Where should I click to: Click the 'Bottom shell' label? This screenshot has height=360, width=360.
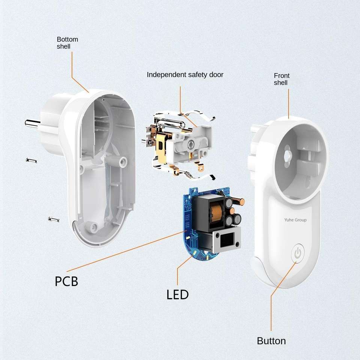(67, 43)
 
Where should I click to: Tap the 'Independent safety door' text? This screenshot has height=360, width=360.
(185, 75)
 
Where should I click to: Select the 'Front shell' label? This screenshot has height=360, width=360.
(282, 79)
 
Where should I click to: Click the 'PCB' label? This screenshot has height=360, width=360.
(66, 281)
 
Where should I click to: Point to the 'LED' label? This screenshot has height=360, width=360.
(177, 295)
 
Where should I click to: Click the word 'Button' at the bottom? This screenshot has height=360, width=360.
(271, 341)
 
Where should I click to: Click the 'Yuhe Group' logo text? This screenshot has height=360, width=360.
(295, 220)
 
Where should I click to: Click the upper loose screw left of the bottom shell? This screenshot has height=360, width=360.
(31, 160)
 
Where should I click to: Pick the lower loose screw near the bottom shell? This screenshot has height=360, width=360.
(54, 219)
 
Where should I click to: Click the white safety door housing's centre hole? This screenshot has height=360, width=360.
(192, 144)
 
